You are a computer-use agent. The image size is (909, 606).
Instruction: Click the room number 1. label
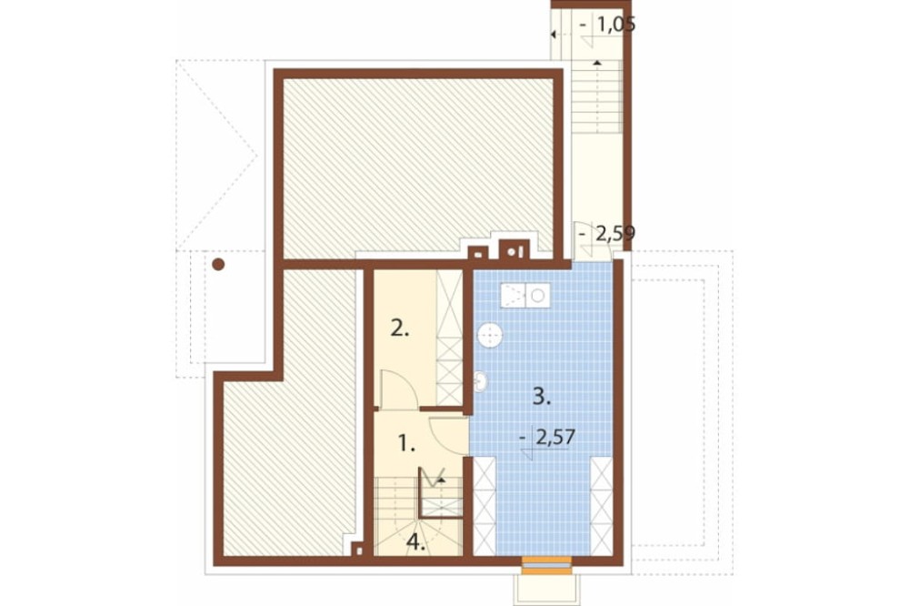tap(407, 444)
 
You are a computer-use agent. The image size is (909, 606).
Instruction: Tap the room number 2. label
tap(400, 329)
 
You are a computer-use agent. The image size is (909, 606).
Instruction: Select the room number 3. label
tap(542, 398)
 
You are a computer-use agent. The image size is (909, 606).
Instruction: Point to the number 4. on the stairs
tap(416, 541)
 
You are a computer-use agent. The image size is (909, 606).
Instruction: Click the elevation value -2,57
tap(548, 437)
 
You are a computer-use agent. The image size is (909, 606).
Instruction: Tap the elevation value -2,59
tap(607, 233)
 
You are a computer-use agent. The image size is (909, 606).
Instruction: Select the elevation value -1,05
tap(607, 25)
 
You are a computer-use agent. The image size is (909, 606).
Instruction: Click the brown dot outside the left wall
tap(218, 265)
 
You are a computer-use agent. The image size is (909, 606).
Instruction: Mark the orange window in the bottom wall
tap(546, 565)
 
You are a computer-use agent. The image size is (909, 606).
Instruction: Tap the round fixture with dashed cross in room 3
tap(491, 336)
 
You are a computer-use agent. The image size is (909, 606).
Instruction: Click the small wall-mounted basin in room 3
tap(480, 381)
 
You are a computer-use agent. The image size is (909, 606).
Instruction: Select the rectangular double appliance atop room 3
tap(525, 296)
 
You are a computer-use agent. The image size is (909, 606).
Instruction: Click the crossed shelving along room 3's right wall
tap(601, 506)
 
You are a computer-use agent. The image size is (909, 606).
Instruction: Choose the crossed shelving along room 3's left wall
tap(484, 506)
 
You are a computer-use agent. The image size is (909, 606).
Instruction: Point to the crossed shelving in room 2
tap(449, 338)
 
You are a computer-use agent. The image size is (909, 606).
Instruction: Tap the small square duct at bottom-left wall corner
tap(359, 549)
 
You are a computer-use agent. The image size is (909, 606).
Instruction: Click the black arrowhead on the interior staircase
tap(441, 480)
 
